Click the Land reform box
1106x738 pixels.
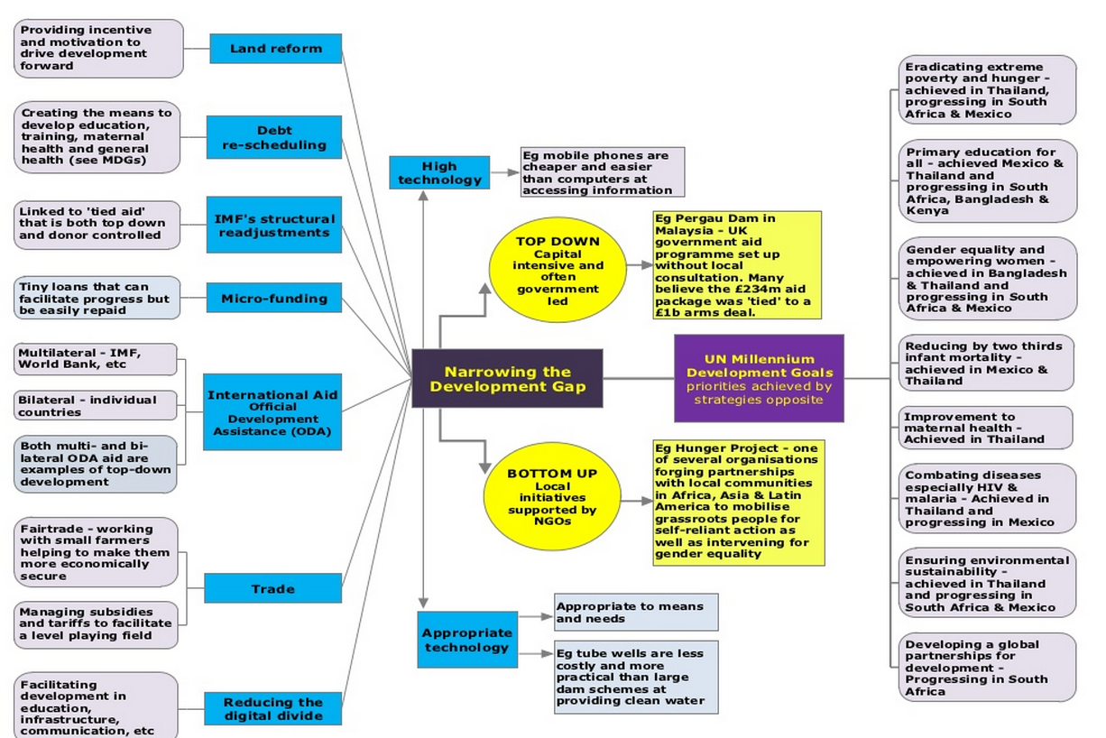[x=275, y=49]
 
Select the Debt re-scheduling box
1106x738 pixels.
[x=273, y=137]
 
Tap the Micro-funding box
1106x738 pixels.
[x=273, y=299]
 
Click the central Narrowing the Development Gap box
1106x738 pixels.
[x=507, y=379]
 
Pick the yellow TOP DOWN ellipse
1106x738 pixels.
[x=558, y=271]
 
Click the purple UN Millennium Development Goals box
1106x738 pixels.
[x=759, y=379]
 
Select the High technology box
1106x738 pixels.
[x=439, y=172]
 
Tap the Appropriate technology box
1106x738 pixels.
[x=466, y=640]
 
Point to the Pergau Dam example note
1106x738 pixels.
[x=737, y=265]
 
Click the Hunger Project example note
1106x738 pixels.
[x=738, y=503]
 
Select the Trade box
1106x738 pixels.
[x=272, y=589]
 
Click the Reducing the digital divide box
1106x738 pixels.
[x=272, y=709]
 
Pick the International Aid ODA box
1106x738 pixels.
[x=272, y=412]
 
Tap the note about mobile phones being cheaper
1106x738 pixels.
[x=602, y=172]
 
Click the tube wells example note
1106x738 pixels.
[x=636, y=677]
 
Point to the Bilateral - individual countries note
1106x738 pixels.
[x=96, y=406]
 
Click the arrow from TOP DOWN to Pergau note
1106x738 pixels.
[x=641, y=265]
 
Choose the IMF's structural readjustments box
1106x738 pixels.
[x=273, y=226]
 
